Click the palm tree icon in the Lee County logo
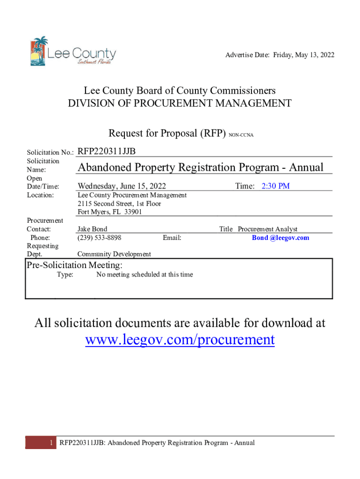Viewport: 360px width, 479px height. tap(39, 51)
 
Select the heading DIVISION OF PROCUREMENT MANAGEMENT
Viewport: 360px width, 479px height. tap(180, 103)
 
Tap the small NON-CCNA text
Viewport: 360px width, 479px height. tap(241, 135)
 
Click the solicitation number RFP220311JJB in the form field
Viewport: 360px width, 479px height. tap(107, 151)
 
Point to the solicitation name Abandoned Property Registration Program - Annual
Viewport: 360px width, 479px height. tap(201, 167)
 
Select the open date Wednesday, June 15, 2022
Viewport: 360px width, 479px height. tap(122, 186)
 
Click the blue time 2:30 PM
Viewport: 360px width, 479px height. tap(275, 186)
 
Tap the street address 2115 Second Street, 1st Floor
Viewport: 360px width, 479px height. tap(119, 203)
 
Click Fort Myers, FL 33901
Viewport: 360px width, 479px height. tap(110, 212)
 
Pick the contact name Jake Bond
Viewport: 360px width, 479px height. tap(92, 229)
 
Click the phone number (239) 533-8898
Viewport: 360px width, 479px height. tap(99, 238)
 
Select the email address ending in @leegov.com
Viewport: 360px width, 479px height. tap(281, 238)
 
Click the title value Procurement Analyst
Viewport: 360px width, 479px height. tap(267, 229)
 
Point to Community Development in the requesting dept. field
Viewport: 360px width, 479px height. tap(114, 254)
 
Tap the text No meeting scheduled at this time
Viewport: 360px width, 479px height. tap(144, 275)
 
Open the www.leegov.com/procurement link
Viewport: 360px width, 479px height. tap(180, 339)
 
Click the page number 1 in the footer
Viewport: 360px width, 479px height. tap(50, 443)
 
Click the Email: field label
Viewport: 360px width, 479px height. tap(172, 238)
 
